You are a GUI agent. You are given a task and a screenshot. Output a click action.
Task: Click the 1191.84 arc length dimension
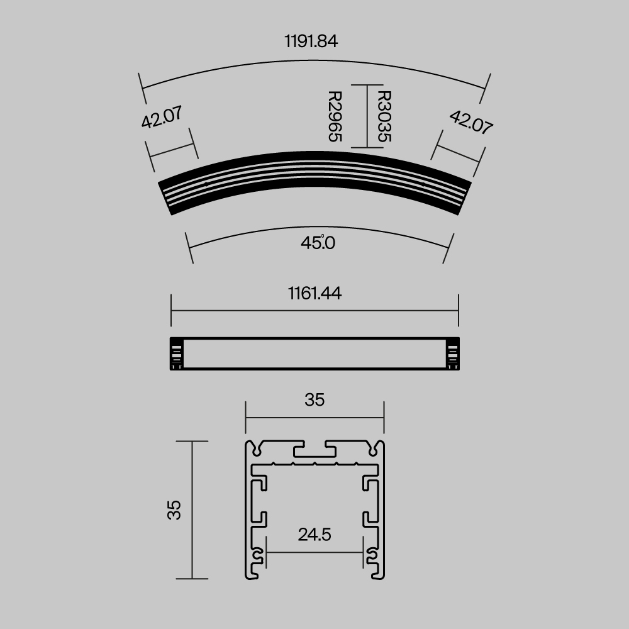pos(311,42)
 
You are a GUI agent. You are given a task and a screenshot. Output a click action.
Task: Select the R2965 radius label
pos(335,116)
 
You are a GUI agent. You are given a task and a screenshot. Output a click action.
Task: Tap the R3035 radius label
pos(382,116)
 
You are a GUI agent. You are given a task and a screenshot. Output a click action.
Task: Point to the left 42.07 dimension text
pos(162,117)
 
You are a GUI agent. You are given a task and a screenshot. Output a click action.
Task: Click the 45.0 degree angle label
pos(318,243)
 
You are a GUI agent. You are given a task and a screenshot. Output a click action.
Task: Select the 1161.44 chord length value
pos(314,293)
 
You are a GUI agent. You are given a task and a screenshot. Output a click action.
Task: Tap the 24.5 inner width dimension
pos(314,535)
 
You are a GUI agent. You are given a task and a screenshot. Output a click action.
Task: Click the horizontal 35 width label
pos(314,399)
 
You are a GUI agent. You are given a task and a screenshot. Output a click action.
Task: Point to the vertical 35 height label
pos(174,509)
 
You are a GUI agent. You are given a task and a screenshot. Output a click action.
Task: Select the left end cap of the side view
pos(177,354)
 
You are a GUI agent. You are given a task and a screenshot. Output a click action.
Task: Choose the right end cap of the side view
pos(452,354)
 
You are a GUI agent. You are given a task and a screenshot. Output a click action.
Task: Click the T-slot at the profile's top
pos(314,450)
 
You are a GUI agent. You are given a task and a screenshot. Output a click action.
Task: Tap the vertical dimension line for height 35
pos(191,509)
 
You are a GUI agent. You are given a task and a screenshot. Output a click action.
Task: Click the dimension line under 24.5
pos(314,552)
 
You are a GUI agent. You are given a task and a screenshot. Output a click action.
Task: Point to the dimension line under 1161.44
pos(314,310)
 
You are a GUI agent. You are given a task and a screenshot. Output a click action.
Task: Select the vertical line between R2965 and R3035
pos(367,116)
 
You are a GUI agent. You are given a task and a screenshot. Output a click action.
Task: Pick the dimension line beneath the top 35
pos(314,416)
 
